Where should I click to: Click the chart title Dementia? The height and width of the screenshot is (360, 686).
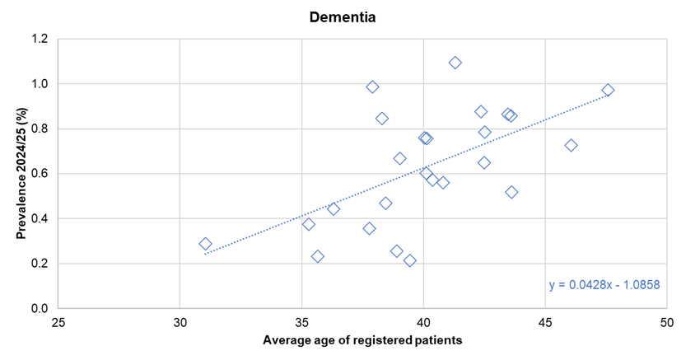point(343,16)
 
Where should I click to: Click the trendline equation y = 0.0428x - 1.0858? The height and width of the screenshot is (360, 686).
point(604,285)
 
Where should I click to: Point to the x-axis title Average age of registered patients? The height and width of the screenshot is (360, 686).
point(362,340)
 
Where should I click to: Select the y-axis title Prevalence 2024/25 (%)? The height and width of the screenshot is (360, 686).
point(21,173)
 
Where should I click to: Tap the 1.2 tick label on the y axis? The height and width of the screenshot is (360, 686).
point(40,39)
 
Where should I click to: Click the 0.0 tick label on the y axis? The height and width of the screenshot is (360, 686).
point(40,308)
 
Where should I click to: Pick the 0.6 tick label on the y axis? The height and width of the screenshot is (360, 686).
point(40,174)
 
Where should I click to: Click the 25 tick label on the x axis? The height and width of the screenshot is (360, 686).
point(58,322)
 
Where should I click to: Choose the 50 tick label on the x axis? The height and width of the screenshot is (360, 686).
point(666,322)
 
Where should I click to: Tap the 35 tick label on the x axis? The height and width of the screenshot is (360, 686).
point(301,322)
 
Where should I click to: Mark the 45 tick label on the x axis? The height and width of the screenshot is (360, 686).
point(544,322)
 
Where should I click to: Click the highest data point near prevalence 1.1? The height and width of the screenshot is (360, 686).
point(455,63)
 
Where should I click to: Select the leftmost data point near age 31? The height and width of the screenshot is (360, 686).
point(205,244)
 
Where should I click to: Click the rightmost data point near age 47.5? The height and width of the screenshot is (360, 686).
point(608,90)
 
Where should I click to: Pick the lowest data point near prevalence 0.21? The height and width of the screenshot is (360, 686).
point(409,260)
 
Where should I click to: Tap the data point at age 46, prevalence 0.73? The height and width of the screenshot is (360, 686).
point(571,145)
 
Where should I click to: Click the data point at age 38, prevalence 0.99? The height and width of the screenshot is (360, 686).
point(372,86)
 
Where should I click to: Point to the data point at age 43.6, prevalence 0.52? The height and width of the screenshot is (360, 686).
point(511,192)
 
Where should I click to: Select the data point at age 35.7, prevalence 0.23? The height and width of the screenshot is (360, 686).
point(318,256)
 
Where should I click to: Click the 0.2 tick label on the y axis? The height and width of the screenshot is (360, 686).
point(40,264)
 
